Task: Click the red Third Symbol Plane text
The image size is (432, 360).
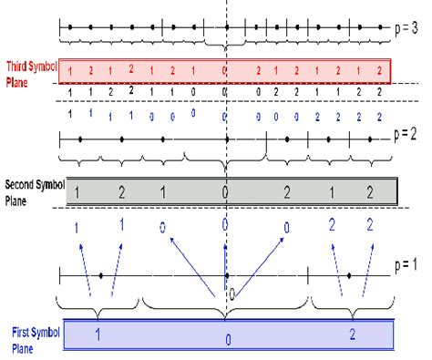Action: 29,72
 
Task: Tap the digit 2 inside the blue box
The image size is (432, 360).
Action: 351,334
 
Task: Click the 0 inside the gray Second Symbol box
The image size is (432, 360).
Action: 225,192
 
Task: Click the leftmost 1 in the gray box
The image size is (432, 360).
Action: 79,192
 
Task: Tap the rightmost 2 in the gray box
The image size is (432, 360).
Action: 369,192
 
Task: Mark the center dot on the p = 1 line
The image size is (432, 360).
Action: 226,274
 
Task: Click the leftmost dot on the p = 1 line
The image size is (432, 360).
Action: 100,274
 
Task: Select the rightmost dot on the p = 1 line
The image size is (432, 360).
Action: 351,274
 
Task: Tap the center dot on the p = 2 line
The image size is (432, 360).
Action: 226,139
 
